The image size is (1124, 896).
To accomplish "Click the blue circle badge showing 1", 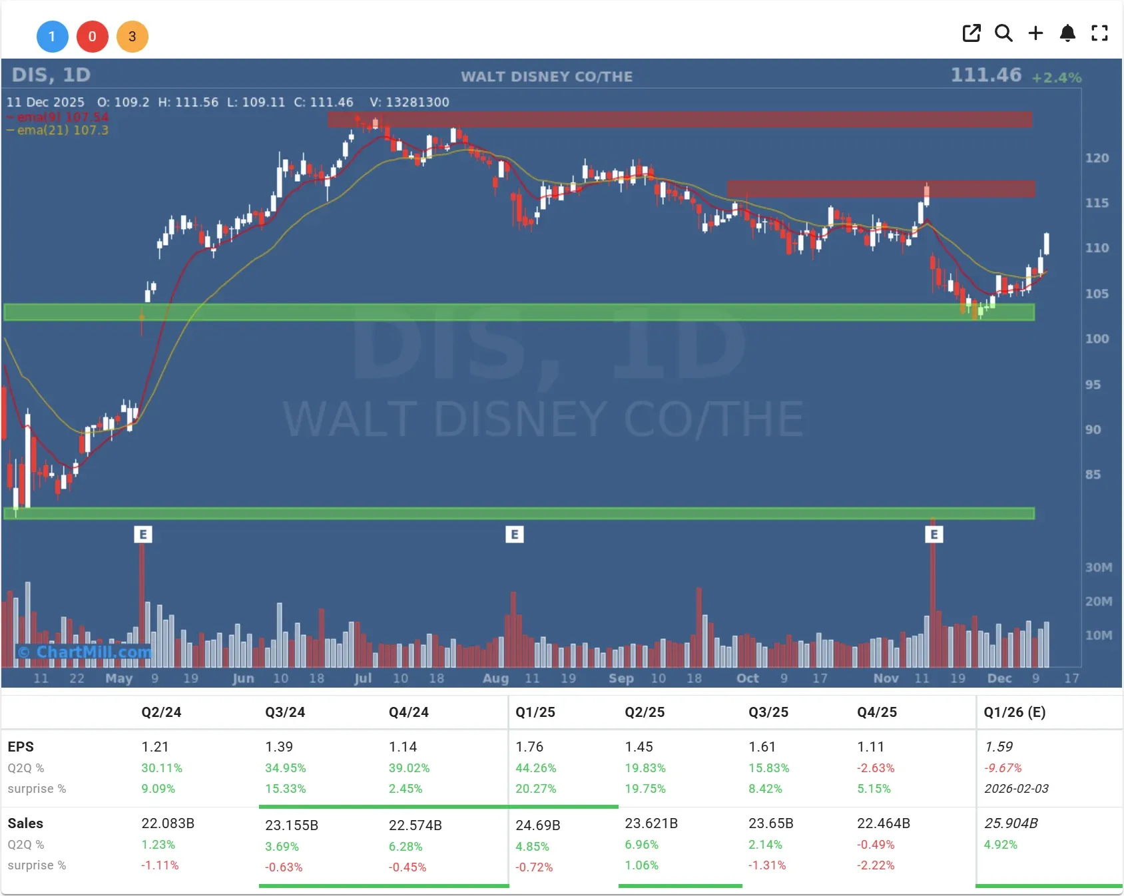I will coord(52,37).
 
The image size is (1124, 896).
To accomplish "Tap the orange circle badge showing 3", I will coord(132,37).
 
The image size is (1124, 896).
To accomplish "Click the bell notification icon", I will coord(1067,33).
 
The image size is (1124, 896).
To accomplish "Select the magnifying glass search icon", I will coord(1003,33).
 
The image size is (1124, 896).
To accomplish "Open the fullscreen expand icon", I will coord(1099,33).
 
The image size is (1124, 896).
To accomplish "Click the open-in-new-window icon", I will coord(972,33).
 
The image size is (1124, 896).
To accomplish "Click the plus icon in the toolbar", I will coord(1035,33).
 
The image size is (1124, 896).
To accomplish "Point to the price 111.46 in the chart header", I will coord(985,75).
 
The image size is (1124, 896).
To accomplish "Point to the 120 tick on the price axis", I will coord(1097,158).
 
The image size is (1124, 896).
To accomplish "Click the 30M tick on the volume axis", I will coord(1098,568).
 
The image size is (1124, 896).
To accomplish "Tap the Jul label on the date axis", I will coord(363,678).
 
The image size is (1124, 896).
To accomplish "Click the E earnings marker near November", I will coord(934,535).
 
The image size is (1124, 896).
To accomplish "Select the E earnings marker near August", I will coord(514,535).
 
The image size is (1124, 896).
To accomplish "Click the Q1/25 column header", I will coord(535,712).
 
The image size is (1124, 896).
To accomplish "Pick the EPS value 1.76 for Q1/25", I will coord(529,747).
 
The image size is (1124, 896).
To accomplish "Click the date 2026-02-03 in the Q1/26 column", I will coord(1016,789).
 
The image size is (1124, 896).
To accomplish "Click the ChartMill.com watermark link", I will coord(85,652).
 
